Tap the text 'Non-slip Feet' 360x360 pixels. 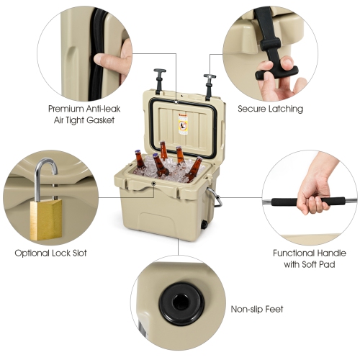click(x=257, y=310)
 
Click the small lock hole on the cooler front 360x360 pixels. click(x=153, y=184)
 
